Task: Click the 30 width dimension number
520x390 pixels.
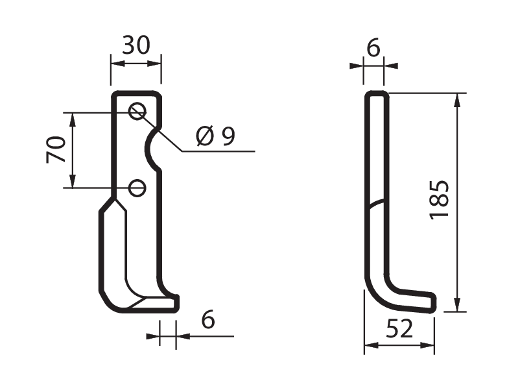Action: [136, 45]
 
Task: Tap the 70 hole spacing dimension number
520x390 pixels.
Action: [56, 149]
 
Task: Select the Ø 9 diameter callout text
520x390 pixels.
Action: [215, 136]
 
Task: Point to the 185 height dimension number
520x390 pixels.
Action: [440, 200]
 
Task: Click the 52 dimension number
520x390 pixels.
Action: [399, 329]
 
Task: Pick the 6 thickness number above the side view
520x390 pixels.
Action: [373, 48]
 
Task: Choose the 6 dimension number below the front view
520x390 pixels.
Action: [208, 319]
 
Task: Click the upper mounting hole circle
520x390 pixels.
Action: [137, 111]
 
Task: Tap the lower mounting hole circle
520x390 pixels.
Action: [137, 188]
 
